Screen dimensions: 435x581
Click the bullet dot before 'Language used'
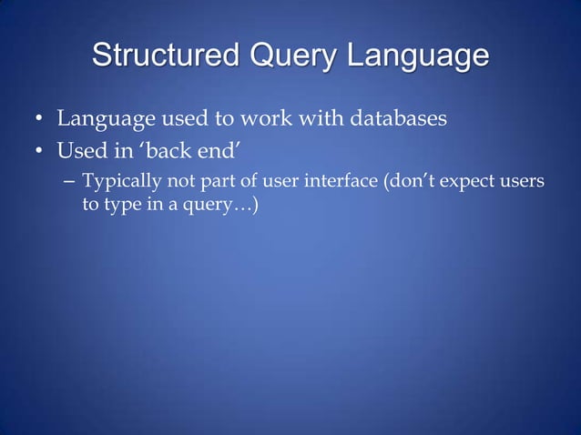coord(39,119)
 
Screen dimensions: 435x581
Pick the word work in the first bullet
coord(275,118)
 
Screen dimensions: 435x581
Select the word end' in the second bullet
coord(205,150)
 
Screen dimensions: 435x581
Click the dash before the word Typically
coord(70,182)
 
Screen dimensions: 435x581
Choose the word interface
coord(342,181)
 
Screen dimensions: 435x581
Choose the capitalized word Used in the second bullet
coord(78,150)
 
